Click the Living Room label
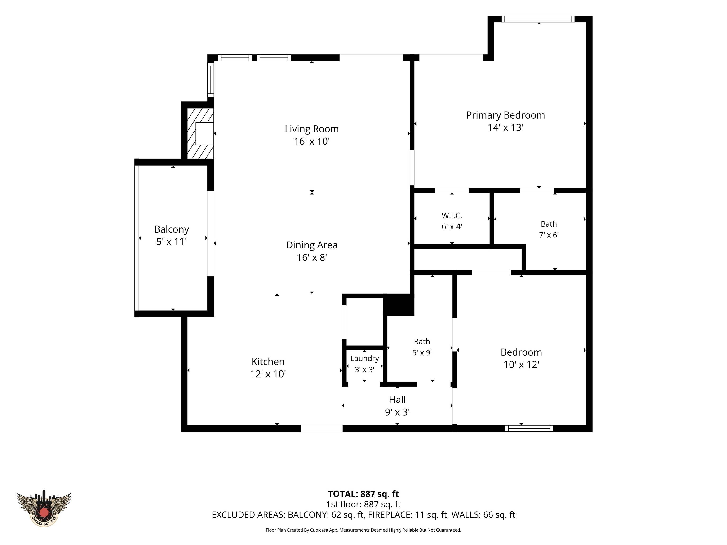(x=312, y=129)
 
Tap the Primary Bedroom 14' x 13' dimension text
(x=505, y=127)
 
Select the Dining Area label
(x=312, y=245)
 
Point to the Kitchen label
(x=268, y=362)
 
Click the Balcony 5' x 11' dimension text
(x=172, y=242)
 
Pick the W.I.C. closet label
(x=452, y=216)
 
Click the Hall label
(x=397, y=400)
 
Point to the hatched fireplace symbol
(x=200, y=134)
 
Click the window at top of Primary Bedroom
(x=538, y=19)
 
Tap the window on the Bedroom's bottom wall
(x=529, y=428)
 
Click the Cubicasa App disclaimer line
(x=363, y=530)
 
